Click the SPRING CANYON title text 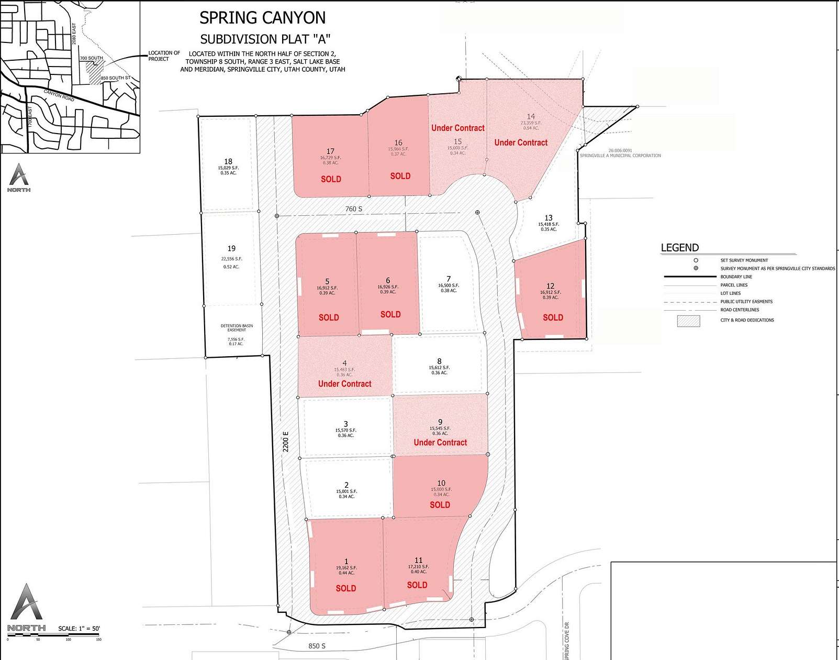pos(262,18)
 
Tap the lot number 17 pos(330,151)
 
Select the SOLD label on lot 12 pos(553,317)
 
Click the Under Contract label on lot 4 pos(344,384)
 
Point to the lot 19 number pos(231,248)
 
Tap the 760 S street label pos(354,209)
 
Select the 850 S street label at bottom pos(317,646)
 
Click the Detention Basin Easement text pos(237,328)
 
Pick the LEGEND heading pos(679,248)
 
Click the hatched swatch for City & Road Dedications pos(688,321)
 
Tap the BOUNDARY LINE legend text pos(736,277)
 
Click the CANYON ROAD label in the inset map pos(59,96)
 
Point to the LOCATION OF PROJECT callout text pos(164,56)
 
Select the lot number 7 pos(449,279)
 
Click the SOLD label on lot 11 pos(417,585)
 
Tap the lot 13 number pos(549,218)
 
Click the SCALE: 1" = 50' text pos(79,629)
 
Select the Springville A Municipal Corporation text pos(620,156)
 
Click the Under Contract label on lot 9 pos(440,443)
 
